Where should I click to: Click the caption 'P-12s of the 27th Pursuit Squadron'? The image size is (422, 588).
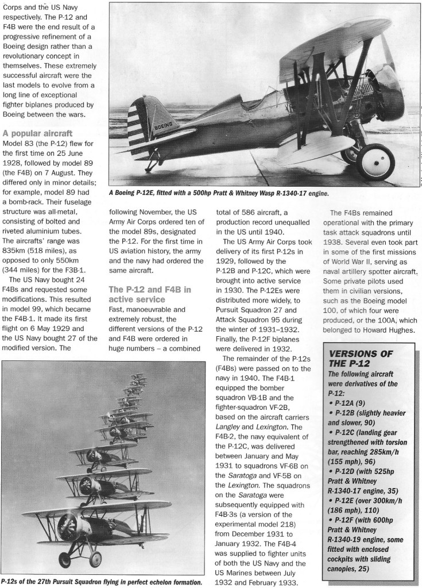pos(102,582)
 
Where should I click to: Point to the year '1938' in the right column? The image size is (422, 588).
pos(338,243)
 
